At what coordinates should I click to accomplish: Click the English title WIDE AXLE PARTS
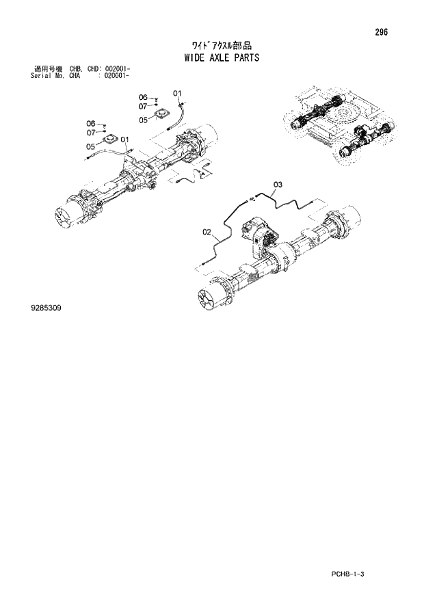point(222,58)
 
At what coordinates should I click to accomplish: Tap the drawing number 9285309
point(46,308)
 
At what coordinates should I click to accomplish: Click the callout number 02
point(207,233)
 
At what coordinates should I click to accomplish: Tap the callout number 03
point(278,184)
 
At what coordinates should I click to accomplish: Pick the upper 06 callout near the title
point(143,97)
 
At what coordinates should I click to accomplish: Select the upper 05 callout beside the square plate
point(144,120)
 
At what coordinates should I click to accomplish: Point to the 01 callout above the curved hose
point(176,93)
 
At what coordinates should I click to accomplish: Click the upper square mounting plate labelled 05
point(162,114)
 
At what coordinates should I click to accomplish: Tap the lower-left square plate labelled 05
point(110,140)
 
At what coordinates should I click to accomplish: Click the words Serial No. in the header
point(47,76)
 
